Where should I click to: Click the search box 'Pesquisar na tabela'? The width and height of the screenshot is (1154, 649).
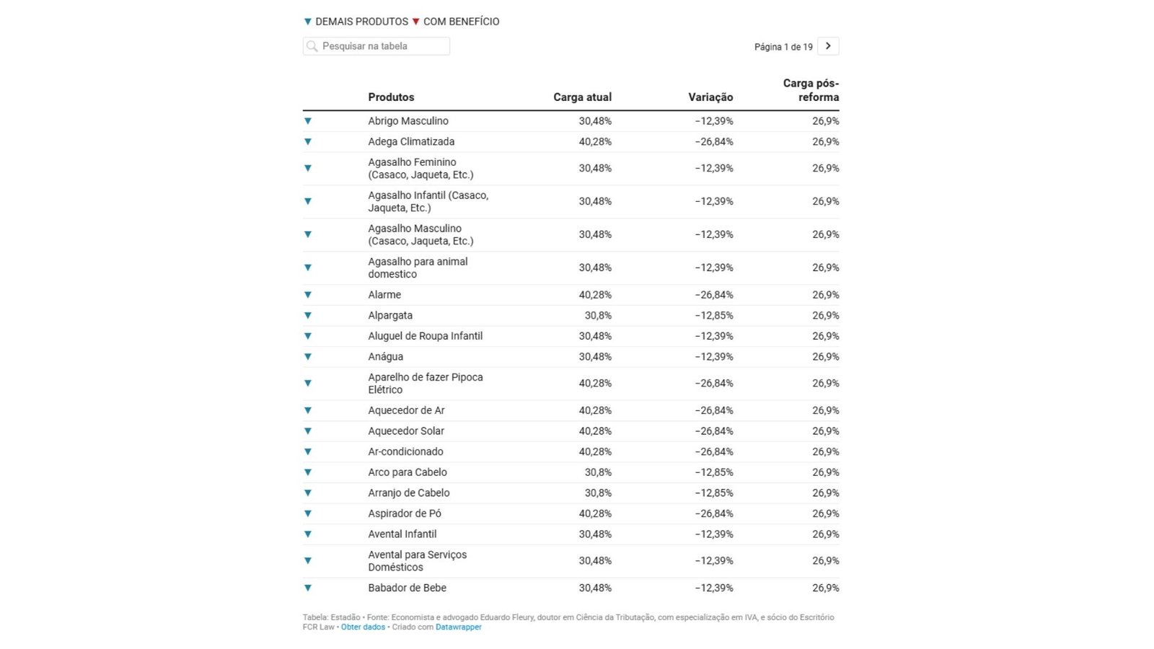(x=376, y=46)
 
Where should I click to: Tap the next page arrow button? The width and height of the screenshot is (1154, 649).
(x=828, y=46)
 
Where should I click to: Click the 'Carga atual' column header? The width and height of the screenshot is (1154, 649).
(x=582, y=97)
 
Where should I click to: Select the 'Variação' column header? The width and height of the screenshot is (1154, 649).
(x=710, y=97)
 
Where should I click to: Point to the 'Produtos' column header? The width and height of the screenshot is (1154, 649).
(x=391, y=97)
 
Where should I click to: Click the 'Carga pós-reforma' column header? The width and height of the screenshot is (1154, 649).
(x=811, y=90)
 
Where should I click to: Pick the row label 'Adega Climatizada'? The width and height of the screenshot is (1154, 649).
(x=411, y=142)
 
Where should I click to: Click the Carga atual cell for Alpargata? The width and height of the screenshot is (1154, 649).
(x=598, y=316)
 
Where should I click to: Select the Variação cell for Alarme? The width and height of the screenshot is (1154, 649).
(x=714, y=295)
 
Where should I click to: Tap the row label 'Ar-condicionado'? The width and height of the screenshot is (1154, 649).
(x=405, y=452)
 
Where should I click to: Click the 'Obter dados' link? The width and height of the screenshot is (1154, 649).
(x=363, y=627)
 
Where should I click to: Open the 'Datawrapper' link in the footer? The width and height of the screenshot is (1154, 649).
(x=458, y=627)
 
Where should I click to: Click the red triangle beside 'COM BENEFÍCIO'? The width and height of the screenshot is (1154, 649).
(x=415, y=22)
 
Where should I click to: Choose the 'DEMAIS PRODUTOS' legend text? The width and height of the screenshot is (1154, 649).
(x=361, y=22)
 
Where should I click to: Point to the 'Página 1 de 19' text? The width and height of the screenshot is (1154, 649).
(x=783, y=47)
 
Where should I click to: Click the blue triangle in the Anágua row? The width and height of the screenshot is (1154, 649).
(x=308, y=357)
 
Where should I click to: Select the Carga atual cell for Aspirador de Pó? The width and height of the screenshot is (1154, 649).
(x=595, y=514)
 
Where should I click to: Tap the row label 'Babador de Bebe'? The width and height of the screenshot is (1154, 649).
(x=407, y=588)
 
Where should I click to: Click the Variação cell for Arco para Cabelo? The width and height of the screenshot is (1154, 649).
(x=714, y=473)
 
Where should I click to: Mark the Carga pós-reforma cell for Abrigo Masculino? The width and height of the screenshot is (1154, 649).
(x=825, y=121)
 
